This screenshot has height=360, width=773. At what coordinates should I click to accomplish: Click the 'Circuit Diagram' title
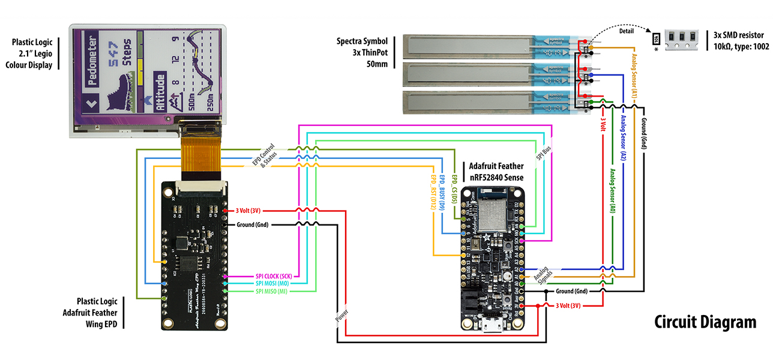705,322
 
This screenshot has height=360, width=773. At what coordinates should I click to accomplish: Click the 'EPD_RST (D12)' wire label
432,191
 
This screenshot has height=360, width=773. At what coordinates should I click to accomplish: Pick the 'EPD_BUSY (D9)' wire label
442,192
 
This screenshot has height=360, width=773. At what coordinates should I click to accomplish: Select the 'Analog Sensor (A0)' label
612,192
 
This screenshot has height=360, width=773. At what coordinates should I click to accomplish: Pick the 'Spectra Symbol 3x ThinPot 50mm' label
361,53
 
